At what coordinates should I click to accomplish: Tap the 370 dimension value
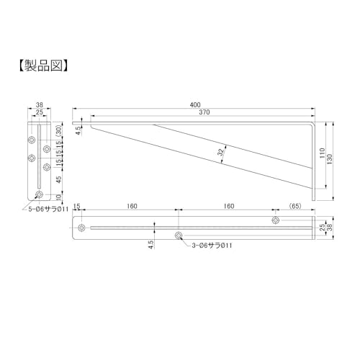pos(204,114)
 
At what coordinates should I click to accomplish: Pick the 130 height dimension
pos(332,159)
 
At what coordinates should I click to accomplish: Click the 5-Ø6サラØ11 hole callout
pos(48,210)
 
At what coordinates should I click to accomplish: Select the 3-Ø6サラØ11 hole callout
pos(212,246)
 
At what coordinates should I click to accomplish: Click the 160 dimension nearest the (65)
pos(228,206)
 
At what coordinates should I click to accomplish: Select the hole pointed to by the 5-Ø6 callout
pos(39,195)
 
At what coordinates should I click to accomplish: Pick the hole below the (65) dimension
pos(275,220)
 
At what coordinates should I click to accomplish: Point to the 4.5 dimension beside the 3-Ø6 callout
pos(150,243)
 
